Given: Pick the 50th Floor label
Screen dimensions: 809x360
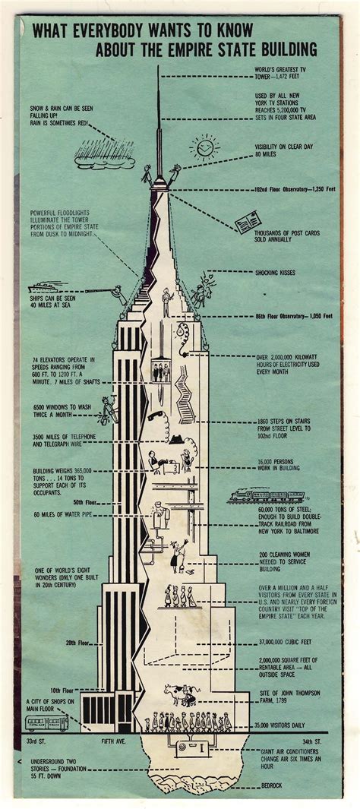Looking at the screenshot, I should [x=83, y=503].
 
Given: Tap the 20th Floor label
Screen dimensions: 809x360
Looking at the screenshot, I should [x=77, y=642].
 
